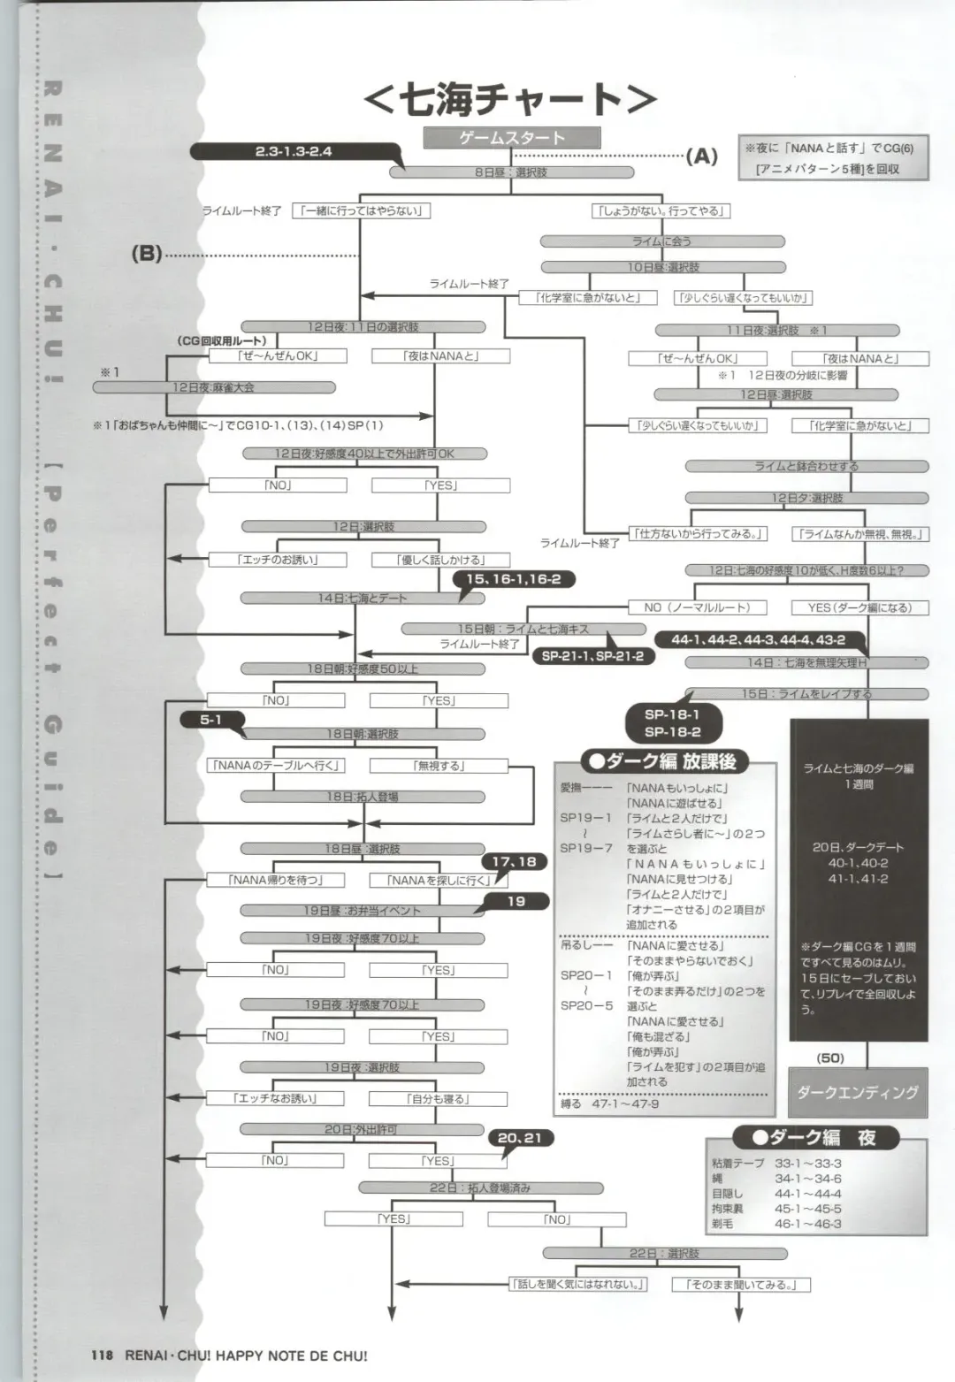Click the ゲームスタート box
[512, 138]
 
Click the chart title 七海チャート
[510, 99]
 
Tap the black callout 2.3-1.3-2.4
[293, 151]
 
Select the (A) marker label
[702, 157]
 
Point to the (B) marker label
[147, 254]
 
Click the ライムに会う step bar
[662, 241]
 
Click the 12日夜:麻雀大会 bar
[251, 387]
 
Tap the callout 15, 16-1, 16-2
[513, 579]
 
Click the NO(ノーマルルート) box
[697, 607]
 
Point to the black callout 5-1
[210, 720]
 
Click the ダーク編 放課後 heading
[664, 760]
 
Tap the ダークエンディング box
[858, 1092]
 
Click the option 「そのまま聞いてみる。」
[741, 1284]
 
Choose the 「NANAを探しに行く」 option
[439, 880]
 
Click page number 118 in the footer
[103, 1355]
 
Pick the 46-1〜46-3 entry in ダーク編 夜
[808, 1224]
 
